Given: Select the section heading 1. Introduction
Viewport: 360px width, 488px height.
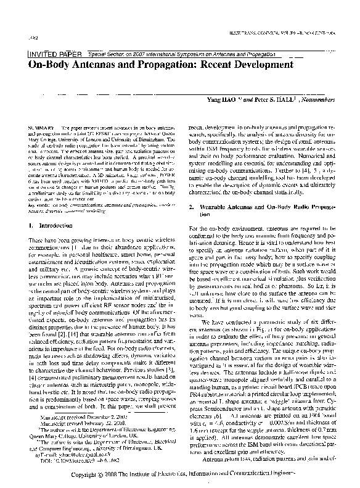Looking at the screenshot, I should (55, 210).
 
